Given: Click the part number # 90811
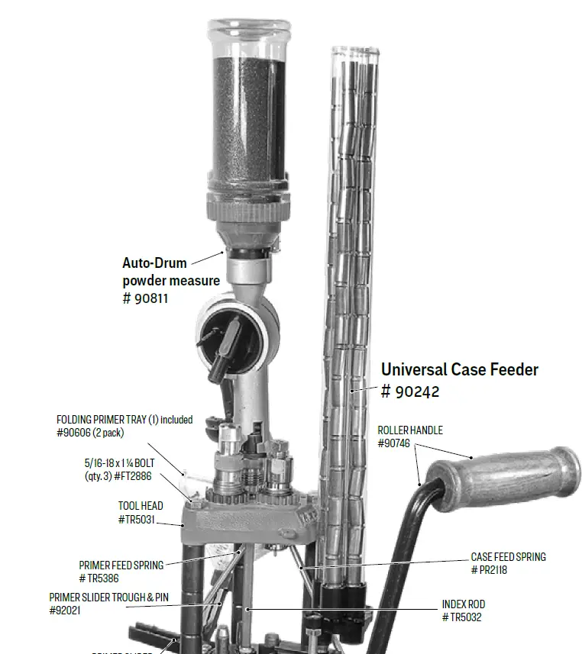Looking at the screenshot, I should coord(145,298).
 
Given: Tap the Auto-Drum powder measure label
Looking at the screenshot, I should coord(170,272).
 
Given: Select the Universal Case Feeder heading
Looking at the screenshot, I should coord(460,369).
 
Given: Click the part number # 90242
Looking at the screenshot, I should coord(410,391).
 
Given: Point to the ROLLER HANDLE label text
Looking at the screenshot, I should coord(410,430).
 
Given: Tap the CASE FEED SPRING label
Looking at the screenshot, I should coord(509,557).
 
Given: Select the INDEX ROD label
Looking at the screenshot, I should coord(464,604).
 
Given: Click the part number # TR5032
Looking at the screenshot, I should coord(461,617).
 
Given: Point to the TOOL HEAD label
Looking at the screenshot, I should coord(141,506).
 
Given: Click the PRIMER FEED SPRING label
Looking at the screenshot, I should coord(121,565).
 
